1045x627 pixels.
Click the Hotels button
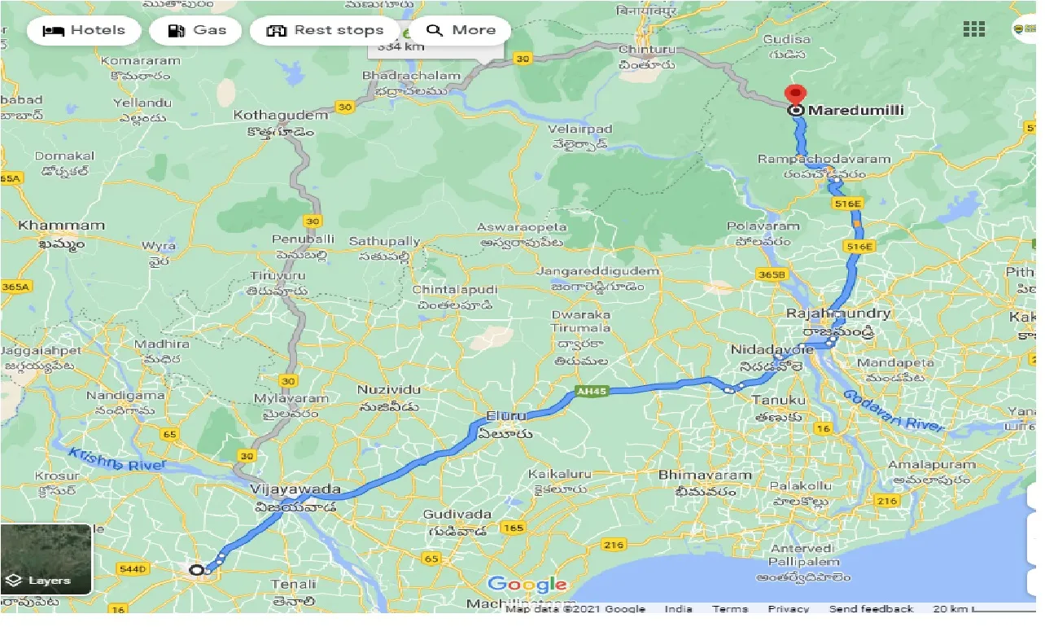click(84, 31)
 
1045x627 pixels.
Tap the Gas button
click(197, 31)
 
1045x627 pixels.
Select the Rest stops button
click(325, 31)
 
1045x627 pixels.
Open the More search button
click(461, 31)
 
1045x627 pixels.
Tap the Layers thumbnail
click(46, 559)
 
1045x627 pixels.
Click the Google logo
click(527, 584)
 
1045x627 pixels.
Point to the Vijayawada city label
click(295, 489)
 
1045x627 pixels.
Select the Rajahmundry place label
click(838, 313)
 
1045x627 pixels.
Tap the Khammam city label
click(62, 226)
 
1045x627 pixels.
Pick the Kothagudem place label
click(280, 116)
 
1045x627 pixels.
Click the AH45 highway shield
click(592, 392)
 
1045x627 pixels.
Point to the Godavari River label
click(894, 411)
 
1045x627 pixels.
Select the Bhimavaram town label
click(705, 475)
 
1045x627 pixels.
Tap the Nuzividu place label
click(388, 390)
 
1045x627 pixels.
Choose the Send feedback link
click(871, 609)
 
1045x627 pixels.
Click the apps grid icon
click(973, 29)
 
